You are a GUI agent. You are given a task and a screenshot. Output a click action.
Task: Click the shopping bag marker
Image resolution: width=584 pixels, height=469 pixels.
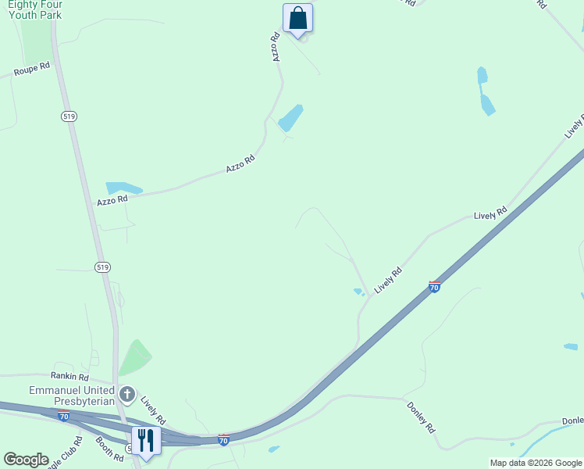tap(297, 19)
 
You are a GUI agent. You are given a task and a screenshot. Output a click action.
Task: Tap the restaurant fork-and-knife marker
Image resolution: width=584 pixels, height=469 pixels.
tap(146, 440)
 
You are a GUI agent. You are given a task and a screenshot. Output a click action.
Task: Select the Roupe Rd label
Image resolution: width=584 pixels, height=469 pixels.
tap(31, 69)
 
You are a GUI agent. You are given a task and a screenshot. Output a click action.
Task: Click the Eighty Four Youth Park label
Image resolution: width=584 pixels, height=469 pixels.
tap(34, 9)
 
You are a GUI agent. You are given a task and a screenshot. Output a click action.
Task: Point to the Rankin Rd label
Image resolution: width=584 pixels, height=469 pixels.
tap(71, 376)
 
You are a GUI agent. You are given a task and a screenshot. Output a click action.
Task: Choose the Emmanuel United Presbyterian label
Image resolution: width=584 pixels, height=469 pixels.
tap(72, 396)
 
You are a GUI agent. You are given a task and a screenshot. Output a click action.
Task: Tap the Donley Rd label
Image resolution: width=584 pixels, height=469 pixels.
tap(420, 417)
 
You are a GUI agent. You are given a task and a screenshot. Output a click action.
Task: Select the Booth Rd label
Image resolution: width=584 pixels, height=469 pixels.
tap(110, 449)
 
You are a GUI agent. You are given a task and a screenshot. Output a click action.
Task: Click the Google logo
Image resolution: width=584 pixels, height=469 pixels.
tap(26, 460)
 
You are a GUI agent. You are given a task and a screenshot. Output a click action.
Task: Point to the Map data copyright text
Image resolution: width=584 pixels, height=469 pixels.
tap(536, 463)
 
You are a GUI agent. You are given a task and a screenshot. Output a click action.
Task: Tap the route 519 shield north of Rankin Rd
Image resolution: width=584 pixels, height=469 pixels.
tap(102, 267)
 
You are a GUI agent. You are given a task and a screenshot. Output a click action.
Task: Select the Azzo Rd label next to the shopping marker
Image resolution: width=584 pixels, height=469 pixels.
tap(276, 47)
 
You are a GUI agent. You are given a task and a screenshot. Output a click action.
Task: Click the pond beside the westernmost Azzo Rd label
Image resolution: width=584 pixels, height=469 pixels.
tap(124, 188)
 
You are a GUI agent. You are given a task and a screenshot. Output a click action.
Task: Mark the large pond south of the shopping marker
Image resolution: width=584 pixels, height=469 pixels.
tap(290, 118)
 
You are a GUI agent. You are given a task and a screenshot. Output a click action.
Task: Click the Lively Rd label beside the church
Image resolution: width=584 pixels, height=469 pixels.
tap(152, 410)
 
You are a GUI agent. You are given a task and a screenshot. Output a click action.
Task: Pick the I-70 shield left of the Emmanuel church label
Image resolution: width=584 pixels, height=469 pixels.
tap(64, 415)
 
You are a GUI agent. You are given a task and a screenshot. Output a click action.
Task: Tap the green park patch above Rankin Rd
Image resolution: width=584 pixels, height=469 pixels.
tap(134, 357)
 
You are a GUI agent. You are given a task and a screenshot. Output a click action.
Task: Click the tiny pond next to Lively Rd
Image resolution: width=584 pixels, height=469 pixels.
tap(359, 292)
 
